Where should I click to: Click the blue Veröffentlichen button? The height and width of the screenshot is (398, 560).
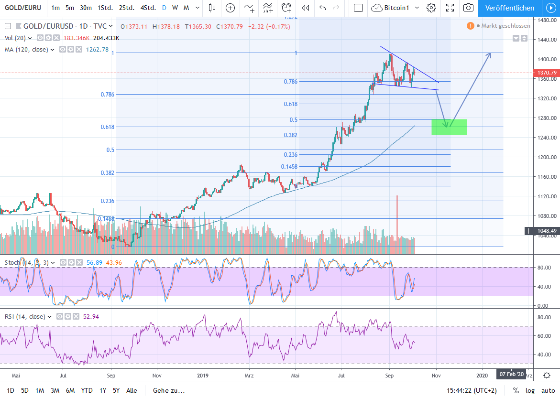pyautogui.click(x=509, y=8)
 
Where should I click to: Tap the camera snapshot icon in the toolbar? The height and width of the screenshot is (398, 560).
pyautogui.click(x=469, y=8)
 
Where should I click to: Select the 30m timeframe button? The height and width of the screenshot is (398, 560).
pyautogui.click(x=86, y=8)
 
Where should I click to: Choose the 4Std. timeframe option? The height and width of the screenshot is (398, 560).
pyautogui.click(x=148, y=8)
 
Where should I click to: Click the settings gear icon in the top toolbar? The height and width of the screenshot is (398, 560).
pyautogui.click(x=431, y=8)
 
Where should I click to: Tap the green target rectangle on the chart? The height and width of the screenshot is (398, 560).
pyautogui.click(x=449, y=127)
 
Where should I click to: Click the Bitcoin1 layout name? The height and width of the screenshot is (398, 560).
pyautogui.click(x=397, y=8)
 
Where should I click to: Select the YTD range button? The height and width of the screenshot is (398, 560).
pyautogui.click(x=87, y=390)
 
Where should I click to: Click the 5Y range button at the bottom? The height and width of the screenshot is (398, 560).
pyautogui.click(x=116, y=390)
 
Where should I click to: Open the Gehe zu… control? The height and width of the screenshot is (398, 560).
pyautogui.click(x=169, y=390)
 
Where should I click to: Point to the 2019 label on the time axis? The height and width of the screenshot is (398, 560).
pyautogui.click(x=203, y=376)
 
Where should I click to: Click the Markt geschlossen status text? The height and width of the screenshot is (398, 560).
pyautogui.click(x=505, y=26)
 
